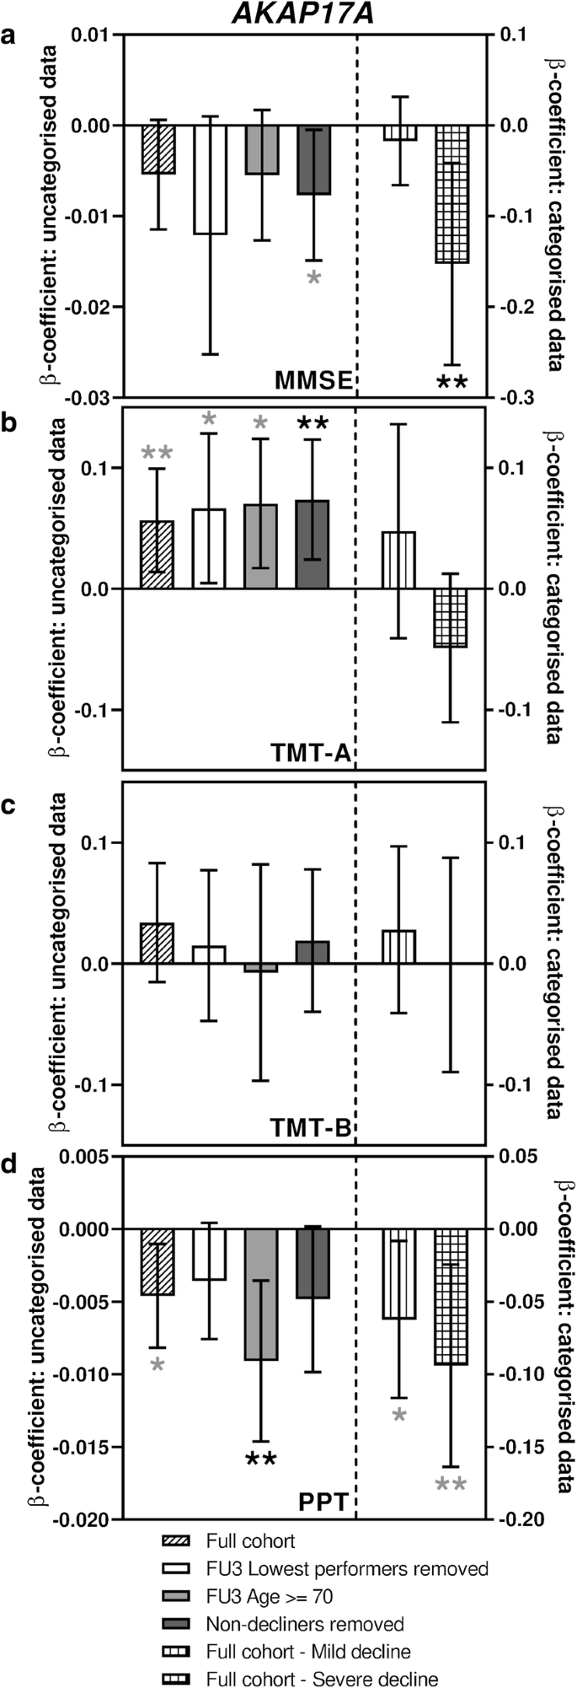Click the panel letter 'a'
click(x=11, y=37)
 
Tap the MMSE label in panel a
click(x=313, y=381)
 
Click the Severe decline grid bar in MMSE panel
click(x=451, y=194)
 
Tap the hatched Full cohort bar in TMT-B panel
click(x=157, y=943)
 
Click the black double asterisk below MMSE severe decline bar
click(x=451, y=384)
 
